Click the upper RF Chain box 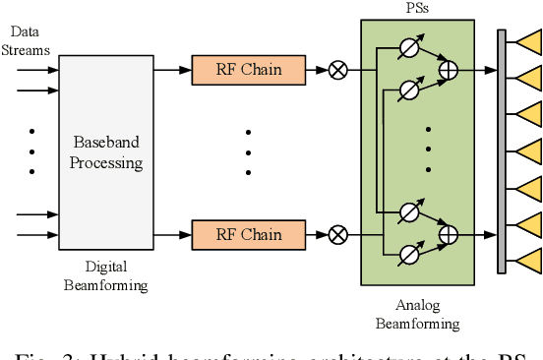[249, 70]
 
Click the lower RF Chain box [249, 234]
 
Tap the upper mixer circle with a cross [337, 70]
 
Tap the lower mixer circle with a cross [337, 234]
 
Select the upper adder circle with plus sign [449, 70]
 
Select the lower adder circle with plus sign [449, 234]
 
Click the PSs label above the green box [416, 8]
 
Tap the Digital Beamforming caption [105, 275]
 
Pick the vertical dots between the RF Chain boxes [248, 151]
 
